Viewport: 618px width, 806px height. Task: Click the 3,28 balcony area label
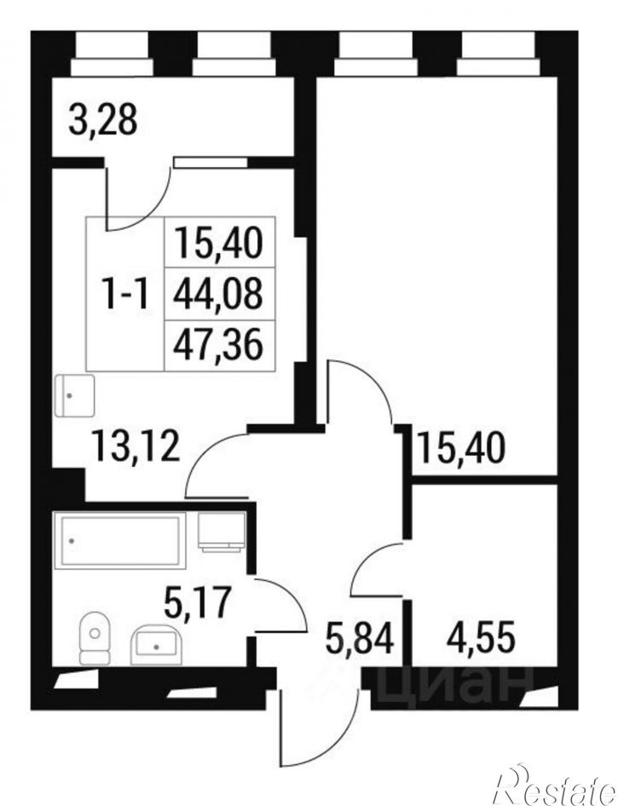coord(103,121)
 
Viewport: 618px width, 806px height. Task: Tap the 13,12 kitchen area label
coord(136,446)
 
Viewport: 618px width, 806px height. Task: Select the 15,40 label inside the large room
coord(461,447)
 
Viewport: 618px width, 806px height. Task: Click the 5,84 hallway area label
coord(360,638)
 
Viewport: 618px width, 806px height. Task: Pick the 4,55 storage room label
coord(481,638)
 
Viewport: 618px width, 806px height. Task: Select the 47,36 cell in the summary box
coord(218,345)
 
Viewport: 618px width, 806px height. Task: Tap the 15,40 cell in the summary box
coord(218,243)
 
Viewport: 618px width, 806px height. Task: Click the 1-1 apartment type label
coord(125,295)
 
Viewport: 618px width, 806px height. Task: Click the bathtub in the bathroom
coord(120,540)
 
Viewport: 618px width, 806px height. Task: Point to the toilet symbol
coord(95,638)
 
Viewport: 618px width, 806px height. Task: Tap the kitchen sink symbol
coord(75,395)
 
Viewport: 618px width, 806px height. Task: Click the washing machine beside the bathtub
coord(222,532)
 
